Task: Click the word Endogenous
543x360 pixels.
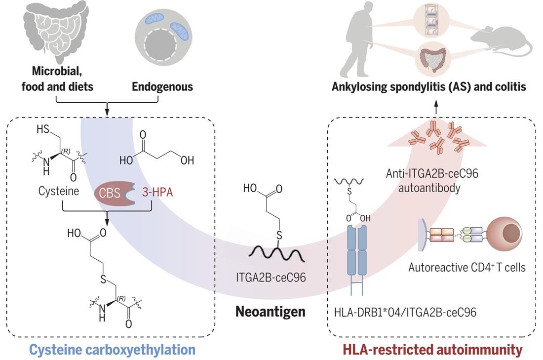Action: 162,87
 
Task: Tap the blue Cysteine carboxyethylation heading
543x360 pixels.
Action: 113,350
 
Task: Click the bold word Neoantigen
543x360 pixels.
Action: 271,312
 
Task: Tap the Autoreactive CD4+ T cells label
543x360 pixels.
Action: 466,268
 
